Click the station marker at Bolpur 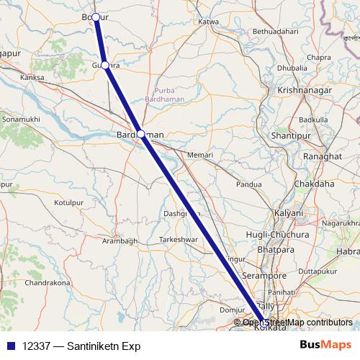(x=95, y=17)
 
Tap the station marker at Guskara (x=105, y=66)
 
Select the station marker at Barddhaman (x=141, y=133)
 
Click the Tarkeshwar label (x=178, y=239)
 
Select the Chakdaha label (x=314, y=184)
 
